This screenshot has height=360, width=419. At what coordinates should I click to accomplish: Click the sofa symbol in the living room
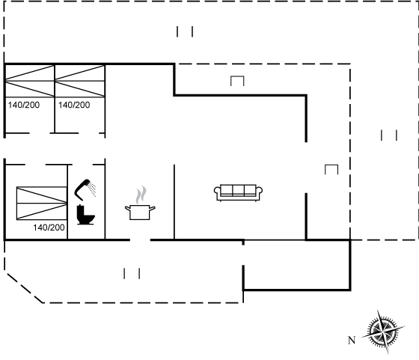point(238,192)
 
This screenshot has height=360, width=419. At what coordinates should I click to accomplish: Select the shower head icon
point(83,189)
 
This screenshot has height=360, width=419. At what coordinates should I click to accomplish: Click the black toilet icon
point(85,215)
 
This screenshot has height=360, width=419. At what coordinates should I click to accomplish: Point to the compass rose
point(383,332)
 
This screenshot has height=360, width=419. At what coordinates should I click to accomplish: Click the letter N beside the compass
point(352,341)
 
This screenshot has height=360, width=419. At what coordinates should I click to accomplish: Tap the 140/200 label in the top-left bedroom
point(24,105)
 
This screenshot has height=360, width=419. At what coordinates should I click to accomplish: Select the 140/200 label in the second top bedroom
point(74,105)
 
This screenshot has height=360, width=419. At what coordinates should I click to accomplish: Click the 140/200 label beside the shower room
point(49,228)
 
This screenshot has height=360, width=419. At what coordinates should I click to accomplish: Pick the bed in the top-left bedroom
point(29,81)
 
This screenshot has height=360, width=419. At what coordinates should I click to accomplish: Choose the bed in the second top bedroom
point(79,81)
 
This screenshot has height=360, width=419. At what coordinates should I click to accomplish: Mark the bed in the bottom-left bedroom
point(42,204)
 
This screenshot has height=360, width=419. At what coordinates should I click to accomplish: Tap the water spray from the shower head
point(93,189)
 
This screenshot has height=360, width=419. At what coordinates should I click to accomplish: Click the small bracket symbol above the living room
point(237,81)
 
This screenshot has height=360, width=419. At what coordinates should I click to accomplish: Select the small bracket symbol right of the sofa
point(331,170)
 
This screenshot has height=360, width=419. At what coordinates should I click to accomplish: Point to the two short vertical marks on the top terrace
point(185,31)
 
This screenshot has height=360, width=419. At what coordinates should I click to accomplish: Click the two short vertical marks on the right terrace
point(389,135)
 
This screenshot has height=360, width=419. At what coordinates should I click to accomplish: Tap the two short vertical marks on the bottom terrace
point(132,274)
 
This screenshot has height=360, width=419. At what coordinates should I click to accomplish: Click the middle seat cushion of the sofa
point(238,191)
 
